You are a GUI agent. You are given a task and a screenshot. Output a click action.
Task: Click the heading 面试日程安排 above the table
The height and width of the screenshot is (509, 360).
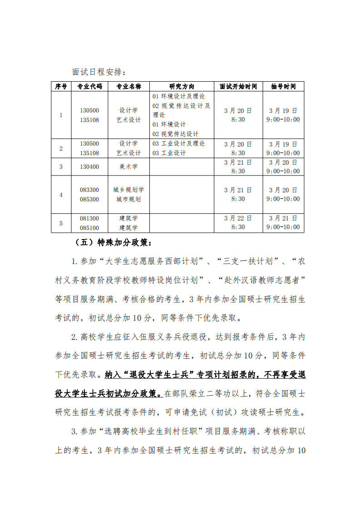pyautogui.click(x=97, y=72)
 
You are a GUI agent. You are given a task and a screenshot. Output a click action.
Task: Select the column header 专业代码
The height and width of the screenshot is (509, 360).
pyautogui.click(x=89, y=87)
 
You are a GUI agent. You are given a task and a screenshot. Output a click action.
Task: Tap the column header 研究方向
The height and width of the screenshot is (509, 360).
pyautogui.click(x=182, y=87)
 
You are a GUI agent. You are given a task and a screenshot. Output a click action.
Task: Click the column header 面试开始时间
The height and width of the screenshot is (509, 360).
pyautogui.click(x=238, y=87)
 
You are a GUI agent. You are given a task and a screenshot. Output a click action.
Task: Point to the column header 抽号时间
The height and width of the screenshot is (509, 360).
pyautogui.click(x=283, y=87)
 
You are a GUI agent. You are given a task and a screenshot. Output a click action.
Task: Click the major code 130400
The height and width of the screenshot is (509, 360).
pyautogui.click(x=89, y=166)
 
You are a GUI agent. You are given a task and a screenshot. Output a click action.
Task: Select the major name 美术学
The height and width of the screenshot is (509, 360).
pyautogui.click(x=128, y=166)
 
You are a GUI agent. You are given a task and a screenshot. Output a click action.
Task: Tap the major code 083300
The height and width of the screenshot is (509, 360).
pyautogui.click(x=89, y=190)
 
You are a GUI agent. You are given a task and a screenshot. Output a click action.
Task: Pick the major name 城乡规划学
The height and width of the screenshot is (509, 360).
pyautogui.click(x=128, y=190)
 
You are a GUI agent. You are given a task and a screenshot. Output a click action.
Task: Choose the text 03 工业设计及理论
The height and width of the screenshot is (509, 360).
pyautogui.click(x=179, y=143)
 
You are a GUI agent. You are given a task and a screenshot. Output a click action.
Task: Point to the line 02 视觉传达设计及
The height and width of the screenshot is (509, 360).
pyautogui.click(x=182, y=106)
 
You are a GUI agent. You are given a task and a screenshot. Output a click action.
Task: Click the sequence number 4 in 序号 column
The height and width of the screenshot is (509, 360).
pyautogui.click(x=61, y=195)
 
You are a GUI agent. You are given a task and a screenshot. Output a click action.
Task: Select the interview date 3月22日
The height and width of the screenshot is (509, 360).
pyautogui.click(x=238, y=218)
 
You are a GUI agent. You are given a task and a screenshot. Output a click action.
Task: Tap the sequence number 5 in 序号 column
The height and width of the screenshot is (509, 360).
pyautogui.click(x=61, y=223)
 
